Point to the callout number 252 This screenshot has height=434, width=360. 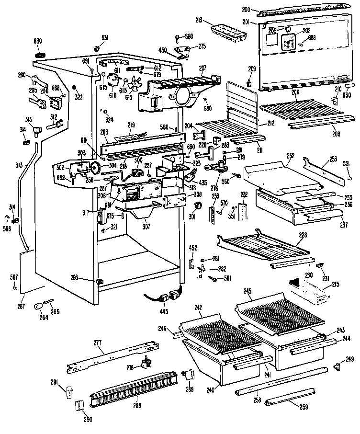[291, 156]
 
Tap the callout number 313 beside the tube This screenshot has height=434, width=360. [18, 165]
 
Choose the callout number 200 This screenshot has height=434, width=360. [246, 10]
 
